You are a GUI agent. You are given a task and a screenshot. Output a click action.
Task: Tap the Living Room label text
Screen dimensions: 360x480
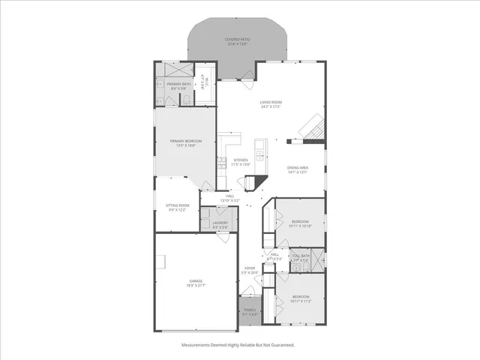point(270,104)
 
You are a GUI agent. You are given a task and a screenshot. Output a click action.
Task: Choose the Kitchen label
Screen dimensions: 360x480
point(240,162)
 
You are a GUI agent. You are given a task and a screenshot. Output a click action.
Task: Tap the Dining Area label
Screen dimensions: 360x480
point(297,169)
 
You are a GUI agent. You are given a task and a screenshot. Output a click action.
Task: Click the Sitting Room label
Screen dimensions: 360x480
point(177,207)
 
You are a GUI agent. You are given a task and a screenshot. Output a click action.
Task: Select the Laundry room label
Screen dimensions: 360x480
point(220,224)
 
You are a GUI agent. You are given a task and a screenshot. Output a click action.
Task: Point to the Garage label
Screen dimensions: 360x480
point(195,283)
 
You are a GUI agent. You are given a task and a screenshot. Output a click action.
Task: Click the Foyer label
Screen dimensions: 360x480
point(249,270)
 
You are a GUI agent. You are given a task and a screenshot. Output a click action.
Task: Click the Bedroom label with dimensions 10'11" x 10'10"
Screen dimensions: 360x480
point(300,223)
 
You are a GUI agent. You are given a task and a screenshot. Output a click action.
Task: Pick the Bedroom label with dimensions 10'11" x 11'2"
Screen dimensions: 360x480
point(300,299)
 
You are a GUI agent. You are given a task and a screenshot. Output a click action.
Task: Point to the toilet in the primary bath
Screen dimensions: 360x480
point(184,98)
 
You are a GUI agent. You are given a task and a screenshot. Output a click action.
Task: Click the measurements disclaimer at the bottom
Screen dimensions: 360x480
point(238,345)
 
